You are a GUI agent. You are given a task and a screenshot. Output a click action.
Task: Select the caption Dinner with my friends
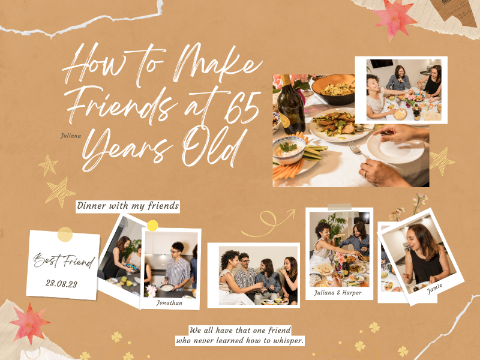click(x=128, y=206)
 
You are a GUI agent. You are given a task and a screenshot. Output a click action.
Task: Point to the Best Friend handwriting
click(x=64, y=262)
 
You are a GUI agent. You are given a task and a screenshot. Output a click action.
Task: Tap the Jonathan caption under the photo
click(x=169, y=303)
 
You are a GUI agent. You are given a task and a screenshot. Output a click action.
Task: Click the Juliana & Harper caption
click(x=338, y=293)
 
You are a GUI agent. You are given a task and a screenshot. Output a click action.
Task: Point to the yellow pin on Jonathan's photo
click(x=152, y=226)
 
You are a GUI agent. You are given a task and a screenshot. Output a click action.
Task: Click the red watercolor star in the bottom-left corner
click(x=28, y=322)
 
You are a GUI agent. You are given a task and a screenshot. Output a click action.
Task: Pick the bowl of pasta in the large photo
click(x=333, y=88)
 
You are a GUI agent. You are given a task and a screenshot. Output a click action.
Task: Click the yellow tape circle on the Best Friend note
click(x=65, y=234)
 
